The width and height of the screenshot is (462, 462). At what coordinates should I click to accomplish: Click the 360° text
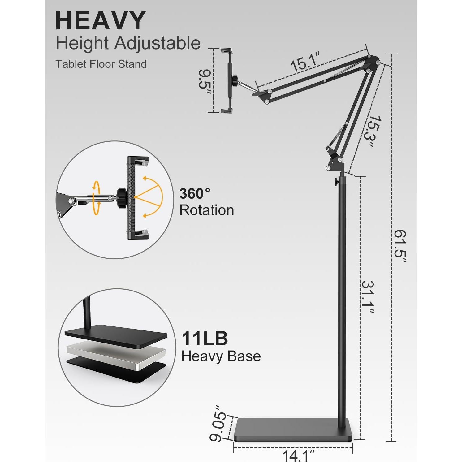click(195, 194)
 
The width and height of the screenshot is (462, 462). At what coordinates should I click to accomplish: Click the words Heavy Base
click(221, 356)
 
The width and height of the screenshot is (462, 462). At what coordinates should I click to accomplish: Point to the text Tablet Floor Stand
click(101, 64)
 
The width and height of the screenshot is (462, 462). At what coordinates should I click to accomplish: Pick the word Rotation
click(207, 210)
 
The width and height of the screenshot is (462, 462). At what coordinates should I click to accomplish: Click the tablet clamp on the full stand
click(227, 80)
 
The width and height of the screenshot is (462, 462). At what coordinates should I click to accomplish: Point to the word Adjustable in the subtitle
click(158, 43)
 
